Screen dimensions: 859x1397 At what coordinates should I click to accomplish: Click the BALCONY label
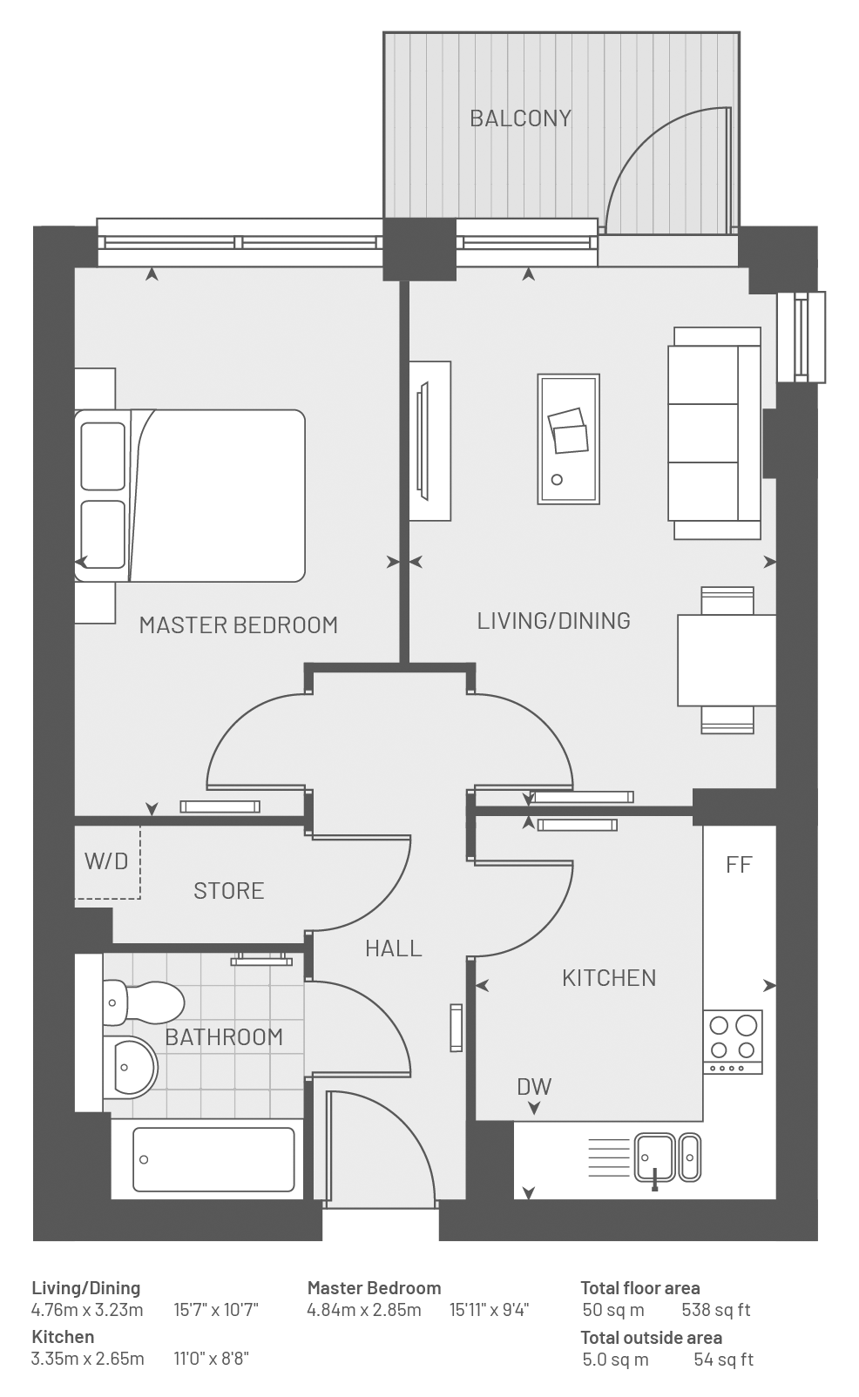point(520,118)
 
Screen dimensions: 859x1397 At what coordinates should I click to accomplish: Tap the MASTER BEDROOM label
point(239,625)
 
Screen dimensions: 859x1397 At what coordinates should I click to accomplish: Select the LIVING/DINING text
point(554,620)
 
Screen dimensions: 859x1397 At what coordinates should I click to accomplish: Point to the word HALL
point(394,948)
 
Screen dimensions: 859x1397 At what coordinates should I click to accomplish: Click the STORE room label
point(229,891)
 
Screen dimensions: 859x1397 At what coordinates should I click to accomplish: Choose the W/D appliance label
point(106,861)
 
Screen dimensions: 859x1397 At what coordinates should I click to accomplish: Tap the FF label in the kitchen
point(740,864)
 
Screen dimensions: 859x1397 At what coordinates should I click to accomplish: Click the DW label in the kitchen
point(535,1087)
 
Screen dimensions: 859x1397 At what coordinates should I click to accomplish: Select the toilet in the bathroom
point(144,1002)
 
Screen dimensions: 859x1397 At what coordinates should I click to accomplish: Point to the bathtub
point(214,1159)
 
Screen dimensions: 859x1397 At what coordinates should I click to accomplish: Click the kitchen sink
point(667,1158)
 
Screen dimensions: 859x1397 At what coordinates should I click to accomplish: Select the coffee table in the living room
point(569,439)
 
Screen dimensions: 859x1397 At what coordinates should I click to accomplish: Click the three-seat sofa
point(714,433)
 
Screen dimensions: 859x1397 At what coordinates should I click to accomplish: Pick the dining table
point(727,660)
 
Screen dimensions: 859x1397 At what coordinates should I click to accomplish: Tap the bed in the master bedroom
point(190,496)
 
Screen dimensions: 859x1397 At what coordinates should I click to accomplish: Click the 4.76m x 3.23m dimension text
point(87,1310)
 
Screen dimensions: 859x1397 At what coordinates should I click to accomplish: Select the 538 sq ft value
point(716,1310)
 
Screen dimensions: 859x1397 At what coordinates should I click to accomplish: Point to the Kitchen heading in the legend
point(63,1337)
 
